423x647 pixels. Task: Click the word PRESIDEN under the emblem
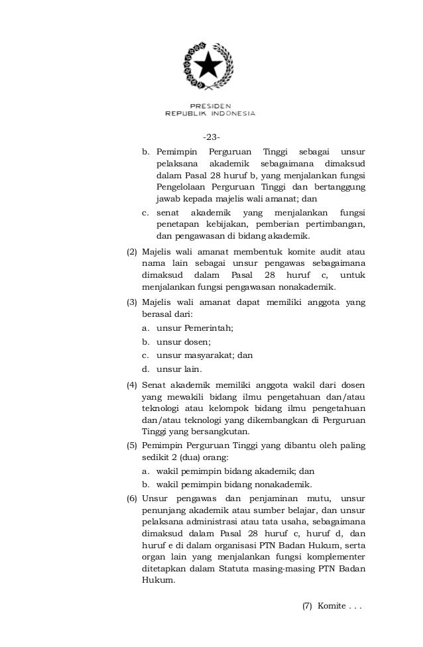click(x=211, y=105)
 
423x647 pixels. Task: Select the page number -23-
click(x=211, y=137)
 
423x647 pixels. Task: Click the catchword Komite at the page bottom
click(x=331, y=606)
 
